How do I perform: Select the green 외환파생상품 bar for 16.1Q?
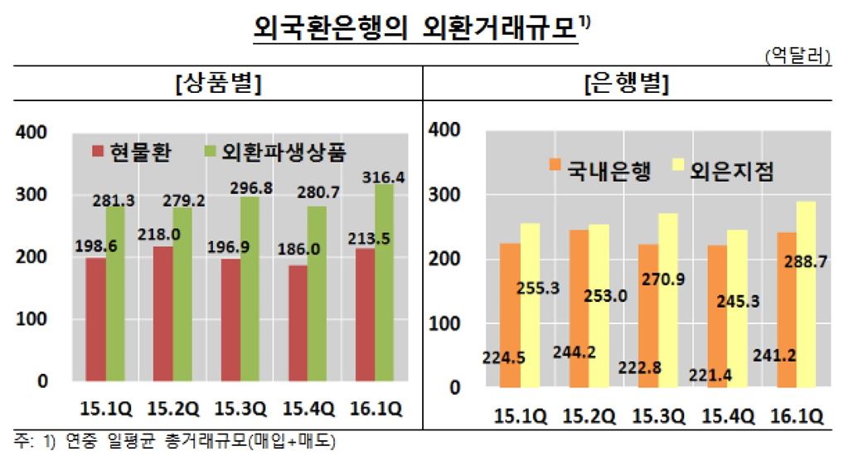[384, 282]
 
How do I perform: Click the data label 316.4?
[381, 177]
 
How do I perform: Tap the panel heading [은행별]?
[631, 83]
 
